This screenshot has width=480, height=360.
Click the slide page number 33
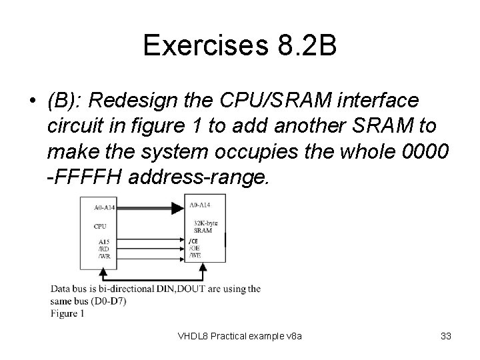pyautogui.click(x=446, y=336)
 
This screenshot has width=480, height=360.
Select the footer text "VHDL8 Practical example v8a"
pyautogui.click(x=240, y=336)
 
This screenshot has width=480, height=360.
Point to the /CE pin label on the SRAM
pyautogui.click(x=194, y=240)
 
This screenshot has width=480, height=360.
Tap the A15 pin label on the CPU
pyautogui.click(x=103, y=241)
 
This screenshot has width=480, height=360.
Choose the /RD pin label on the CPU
pyautogui.click(x=104, y=248)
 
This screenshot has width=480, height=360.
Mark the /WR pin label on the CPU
pyautogui.click(x=105, y=255)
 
